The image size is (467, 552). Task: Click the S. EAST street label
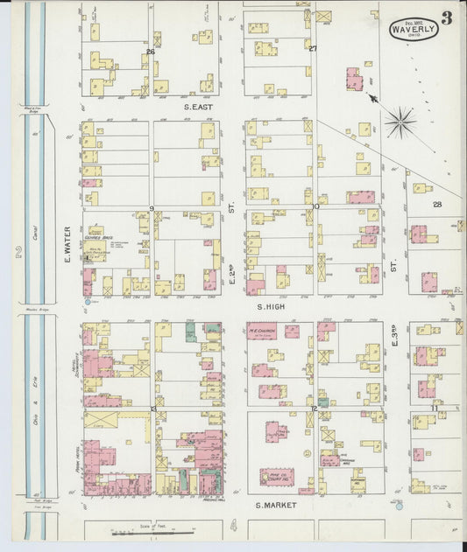point(200,107)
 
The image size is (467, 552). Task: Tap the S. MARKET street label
point(272,506)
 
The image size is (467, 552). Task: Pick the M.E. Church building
point(262,332)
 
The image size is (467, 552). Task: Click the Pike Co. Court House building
point(276,477)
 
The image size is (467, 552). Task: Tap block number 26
point(151,52)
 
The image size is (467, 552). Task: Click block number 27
point(312,49)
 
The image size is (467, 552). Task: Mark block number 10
point(315,207)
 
